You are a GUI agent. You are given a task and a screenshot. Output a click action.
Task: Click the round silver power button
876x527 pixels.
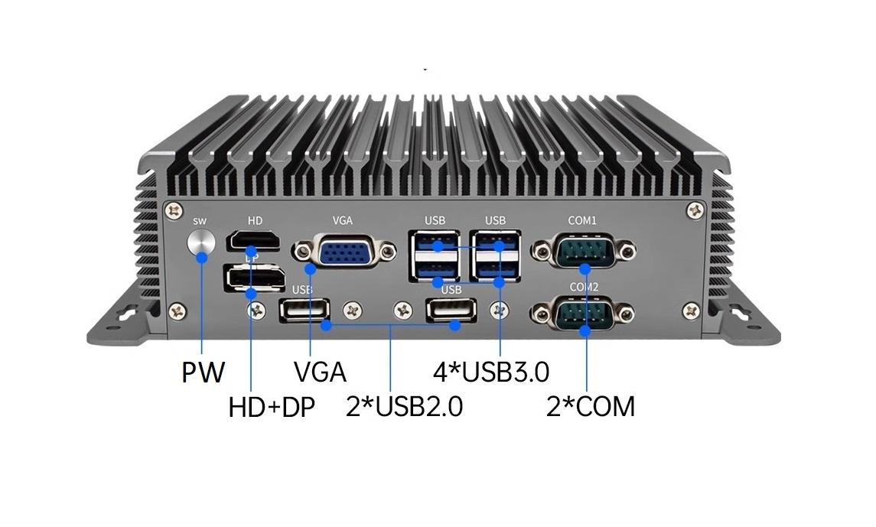201,242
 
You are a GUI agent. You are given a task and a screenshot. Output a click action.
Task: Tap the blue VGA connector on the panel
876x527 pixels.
342,252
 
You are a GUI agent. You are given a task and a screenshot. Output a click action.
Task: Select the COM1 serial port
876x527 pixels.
583,251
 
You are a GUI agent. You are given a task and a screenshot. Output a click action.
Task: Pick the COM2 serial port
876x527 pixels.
583,314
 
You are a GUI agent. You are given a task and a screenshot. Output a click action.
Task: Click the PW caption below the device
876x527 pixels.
204,372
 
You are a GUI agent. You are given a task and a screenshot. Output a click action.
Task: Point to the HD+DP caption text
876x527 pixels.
272,407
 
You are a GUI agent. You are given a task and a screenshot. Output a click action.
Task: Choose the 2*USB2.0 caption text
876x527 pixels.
404,407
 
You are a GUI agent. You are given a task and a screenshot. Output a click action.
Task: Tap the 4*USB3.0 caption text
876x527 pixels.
490,372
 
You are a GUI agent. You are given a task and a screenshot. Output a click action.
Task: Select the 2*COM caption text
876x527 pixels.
590,407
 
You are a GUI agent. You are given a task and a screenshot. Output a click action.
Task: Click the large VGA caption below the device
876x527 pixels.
320,372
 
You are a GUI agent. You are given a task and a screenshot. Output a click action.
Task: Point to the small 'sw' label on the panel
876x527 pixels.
200,221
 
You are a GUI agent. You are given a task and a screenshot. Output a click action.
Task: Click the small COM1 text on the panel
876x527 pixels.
582,220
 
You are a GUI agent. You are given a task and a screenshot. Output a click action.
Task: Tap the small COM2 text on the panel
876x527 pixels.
583,286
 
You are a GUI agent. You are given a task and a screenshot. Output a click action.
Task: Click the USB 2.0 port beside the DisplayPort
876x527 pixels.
304,310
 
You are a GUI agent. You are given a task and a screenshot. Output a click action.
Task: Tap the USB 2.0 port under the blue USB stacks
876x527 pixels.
451,310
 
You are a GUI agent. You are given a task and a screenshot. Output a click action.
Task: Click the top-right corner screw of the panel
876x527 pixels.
695,208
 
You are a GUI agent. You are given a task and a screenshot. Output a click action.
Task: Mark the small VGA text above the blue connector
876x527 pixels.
342,220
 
